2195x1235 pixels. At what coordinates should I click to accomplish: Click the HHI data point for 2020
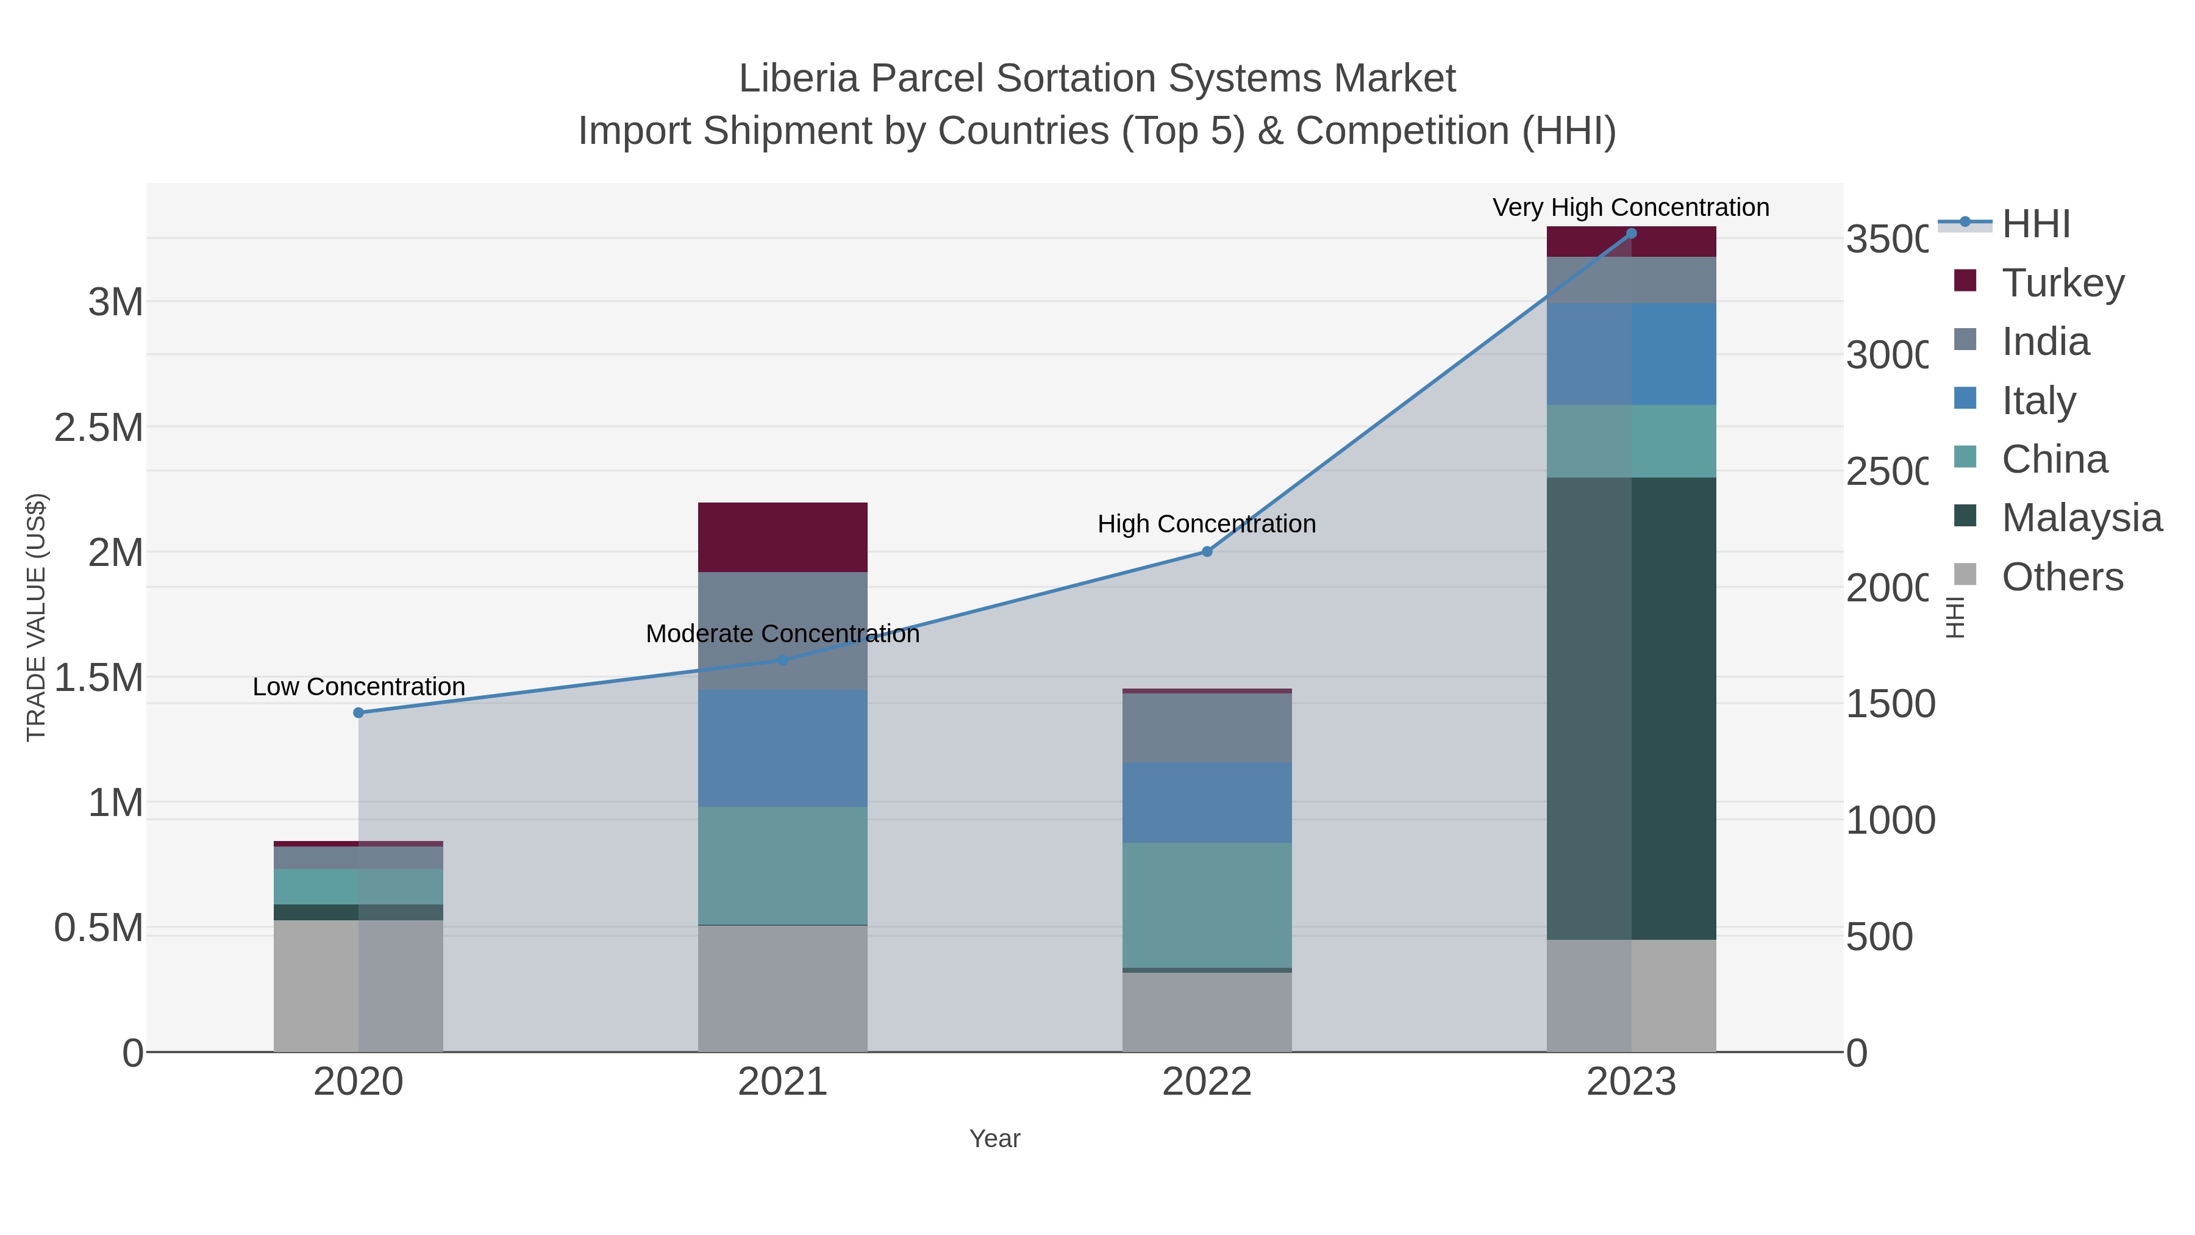(x=359, y=712)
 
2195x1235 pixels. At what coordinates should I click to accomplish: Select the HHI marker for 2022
(x=1207, y=551)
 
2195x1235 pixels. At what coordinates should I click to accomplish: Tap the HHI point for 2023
(x=1631, y=233)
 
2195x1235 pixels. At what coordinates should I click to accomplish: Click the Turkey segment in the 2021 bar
(x=782, y=537)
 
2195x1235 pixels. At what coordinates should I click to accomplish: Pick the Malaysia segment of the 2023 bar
(x=1631, y=707)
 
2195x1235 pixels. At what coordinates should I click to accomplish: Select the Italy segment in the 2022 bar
(x=1207, y=802)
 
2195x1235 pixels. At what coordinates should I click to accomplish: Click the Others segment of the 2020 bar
(x=359, y=986)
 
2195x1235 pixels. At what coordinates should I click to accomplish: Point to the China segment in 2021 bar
(x=782, y=865)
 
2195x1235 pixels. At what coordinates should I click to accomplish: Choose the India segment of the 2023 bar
(x=1631, y=279)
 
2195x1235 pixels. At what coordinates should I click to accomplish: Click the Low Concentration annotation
(x=359, y=687)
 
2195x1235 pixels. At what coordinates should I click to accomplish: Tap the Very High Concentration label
(x=1631, y=208)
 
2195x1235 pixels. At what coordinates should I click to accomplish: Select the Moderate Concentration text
(x=782, y=634)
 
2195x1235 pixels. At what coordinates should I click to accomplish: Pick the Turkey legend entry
(x=2062, y=283)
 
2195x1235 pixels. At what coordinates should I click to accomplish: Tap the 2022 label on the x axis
(x=1207, y=1083)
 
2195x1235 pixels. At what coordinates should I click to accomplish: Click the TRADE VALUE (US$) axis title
(x=37, y=617)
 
